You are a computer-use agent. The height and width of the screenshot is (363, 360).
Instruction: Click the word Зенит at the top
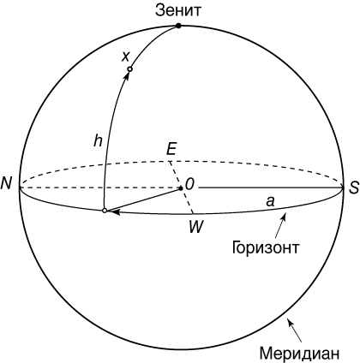(x=178, y=10)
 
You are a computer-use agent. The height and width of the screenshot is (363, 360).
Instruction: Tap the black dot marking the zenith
(x=178, y=26)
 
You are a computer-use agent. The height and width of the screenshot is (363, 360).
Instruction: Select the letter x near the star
(x=125, y=57)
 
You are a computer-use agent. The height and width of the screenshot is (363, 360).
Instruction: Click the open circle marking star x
(x=129, y=68)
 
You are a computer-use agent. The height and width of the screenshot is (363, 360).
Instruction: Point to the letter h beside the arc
(x=98, y=140)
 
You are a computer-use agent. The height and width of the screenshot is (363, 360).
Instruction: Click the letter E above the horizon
(x=171, y=149)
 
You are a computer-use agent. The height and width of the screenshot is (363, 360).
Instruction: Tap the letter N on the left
(x=6, y=183)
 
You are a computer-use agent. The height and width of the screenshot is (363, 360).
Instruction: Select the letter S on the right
(x=353, y=188)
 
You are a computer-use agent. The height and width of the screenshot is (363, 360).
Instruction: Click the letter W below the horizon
(x=196, y=227)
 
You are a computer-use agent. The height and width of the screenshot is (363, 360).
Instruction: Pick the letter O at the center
(x=190, y=184)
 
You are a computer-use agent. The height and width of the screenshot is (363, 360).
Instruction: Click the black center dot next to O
(x=181, y=188)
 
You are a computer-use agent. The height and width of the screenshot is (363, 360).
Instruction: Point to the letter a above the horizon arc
(x=270, y=202)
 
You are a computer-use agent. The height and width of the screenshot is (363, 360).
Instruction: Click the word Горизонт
(x=266, y=247)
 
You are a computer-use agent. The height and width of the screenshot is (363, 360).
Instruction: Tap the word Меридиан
(x=300, y=354)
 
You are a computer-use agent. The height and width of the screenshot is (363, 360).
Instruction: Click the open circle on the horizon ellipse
(x=105, y=211)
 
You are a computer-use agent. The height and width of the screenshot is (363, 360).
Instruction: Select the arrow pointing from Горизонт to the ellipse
(x=280, y=226)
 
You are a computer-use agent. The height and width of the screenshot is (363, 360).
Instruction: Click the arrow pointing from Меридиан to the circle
(x=295, y=330)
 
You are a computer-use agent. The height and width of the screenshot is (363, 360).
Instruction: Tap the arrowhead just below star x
(x=127, y=75)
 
